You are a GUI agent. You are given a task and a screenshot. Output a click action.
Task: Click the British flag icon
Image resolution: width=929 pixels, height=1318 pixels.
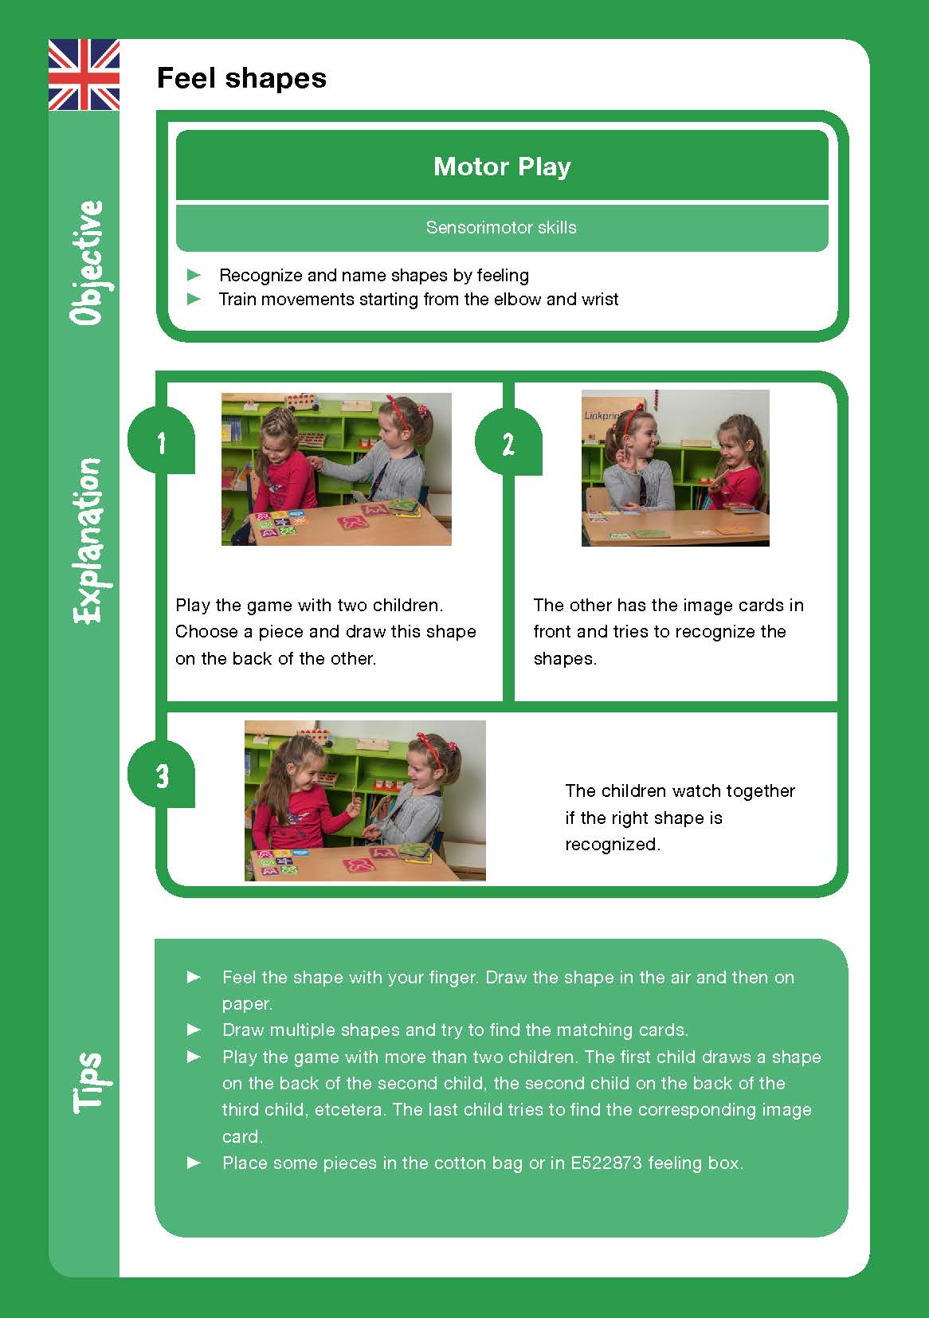click(x=84, y=74)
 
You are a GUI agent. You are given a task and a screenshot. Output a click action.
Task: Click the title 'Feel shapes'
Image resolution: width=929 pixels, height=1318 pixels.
click(x=241, y=78)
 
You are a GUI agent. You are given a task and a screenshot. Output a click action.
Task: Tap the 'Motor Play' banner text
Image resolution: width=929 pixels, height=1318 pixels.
click(x=502, y=167)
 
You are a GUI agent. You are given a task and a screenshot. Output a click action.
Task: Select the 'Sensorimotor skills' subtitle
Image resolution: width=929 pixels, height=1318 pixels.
click(x=501, y=228)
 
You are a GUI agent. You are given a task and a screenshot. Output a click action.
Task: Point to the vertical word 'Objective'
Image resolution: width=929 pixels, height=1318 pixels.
click(x=87, y=262)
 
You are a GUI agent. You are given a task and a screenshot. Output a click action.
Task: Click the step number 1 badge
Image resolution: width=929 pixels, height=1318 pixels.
click(x=162, y=442)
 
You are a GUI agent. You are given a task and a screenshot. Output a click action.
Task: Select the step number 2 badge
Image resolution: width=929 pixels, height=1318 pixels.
click(x=508, y=444)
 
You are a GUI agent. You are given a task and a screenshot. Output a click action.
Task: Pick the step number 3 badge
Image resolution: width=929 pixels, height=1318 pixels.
click(x=163, y=775)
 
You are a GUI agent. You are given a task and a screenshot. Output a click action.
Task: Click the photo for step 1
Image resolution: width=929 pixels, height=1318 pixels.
click(x=336, y=469)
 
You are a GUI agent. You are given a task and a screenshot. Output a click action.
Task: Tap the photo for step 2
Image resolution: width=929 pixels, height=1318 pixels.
click(x=675, y=468)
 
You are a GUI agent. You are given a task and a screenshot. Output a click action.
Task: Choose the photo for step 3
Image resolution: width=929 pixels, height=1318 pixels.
click(x=365, y=800)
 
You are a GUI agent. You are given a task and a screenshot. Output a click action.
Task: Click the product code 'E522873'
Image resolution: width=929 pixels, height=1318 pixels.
click(x=606, y=1163)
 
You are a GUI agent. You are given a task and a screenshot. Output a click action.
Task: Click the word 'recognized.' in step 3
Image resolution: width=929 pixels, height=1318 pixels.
click(x=613, y=845)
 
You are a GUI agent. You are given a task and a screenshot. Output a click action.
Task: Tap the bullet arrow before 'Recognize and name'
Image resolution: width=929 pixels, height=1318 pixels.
click(x=194, y=275)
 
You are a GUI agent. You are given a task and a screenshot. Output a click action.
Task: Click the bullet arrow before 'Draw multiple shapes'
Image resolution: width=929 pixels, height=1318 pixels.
click(x=194, y=1030)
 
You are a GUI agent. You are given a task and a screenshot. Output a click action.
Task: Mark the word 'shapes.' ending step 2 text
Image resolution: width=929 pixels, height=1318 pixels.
click(x=565, y=659)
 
